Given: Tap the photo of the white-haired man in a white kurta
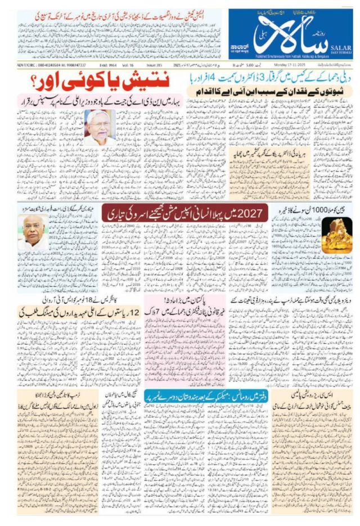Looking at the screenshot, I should point(100,127).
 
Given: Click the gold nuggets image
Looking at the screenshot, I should point(336,234).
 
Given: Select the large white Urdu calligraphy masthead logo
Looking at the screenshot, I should point(286,38).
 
